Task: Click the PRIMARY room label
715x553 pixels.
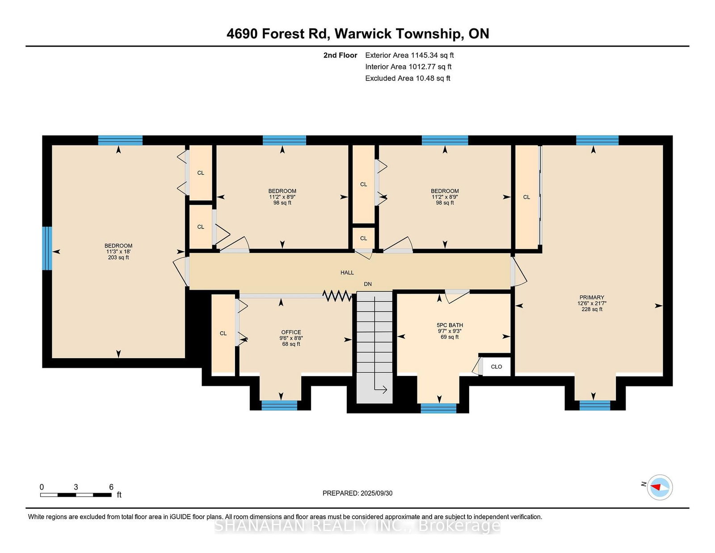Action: coord(592,297)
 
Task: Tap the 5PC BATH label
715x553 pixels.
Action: coord(450,325)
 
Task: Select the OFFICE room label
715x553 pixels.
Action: coord(291,332)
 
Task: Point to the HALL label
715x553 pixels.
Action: coord(347,273)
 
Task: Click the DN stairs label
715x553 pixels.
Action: coord(367,284)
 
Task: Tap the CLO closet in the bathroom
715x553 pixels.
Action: coord(496,367)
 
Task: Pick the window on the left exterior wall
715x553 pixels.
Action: coord(47,248)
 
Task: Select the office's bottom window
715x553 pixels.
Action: coord(279,405)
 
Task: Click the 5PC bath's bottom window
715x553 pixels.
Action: coord(438,408)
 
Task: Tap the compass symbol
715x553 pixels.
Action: coord(660,487)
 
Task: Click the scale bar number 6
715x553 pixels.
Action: coord(111,487)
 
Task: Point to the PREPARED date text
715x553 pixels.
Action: coord(357,493)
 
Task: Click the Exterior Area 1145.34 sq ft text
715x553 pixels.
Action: coord(409,55)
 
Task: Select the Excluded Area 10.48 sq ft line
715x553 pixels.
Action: coord(408,78)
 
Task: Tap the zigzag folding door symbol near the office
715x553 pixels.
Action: coord(337,295)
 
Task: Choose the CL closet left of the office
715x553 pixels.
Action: coord(223,333)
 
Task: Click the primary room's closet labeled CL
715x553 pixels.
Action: coord(526,197)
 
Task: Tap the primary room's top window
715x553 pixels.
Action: coord(597,140)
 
